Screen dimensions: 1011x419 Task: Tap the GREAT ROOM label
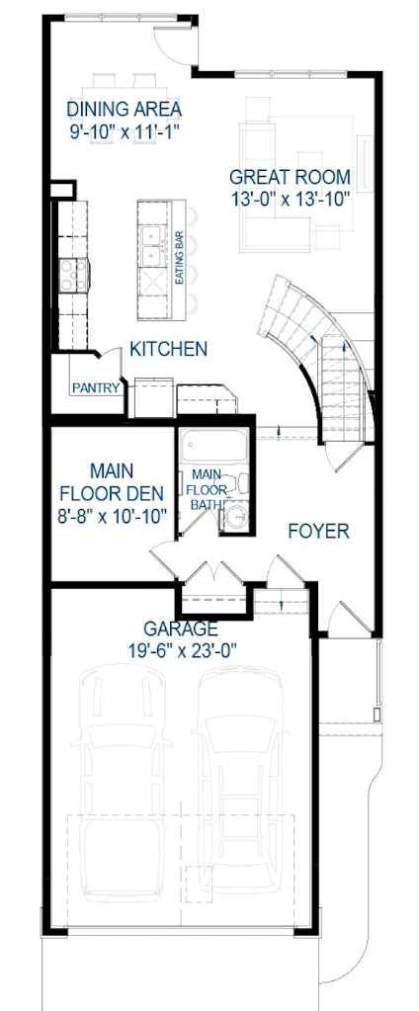click(289, 177)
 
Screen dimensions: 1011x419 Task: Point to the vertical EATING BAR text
click(180, 259)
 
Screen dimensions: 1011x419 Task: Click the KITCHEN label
click(169, 349)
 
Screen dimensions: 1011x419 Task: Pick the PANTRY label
click(96, 388)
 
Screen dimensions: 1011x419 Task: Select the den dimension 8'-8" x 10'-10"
click(111, 515)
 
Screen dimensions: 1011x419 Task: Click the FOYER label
click(318, 532)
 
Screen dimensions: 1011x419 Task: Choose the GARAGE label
click(180, 628)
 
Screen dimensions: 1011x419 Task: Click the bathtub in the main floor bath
click(213, 447)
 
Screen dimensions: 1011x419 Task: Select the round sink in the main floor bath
click(234, 518)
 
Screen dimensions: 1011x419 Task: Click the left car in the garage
click(123, 781)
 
